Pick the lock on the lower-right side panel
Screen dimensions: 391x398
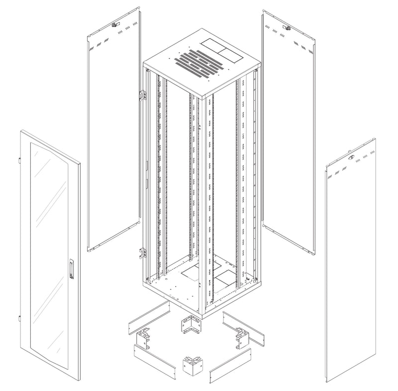pos(352,158)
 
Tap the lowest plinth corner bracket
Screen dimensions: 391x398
pos(190,365)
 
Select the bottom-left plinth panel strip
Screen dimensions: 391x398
pos(154,359)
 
